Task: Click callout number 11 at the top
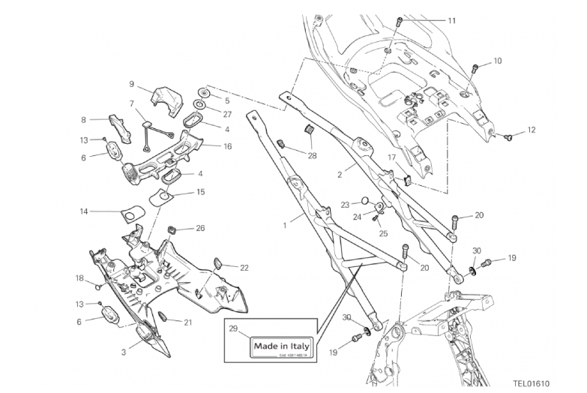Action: pyautogui.click(x=451, y=20)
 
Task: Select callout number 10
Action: pyautogui.click(x=497, y=61)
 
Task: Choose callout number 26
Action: pyautogui.click(x=200, y=227)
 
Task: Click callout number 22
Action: pyautogui.click(x=244, y=267)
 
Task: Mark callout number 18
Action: pyautogui.click(x=79, y=278)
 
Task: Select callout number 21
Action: pyautogui.click(x=188, y=324)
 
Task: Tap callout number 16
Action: pyautogui.click(x=227, y=146)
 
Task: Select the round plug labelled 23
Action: pyautogui.click(x=362, y=201)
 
